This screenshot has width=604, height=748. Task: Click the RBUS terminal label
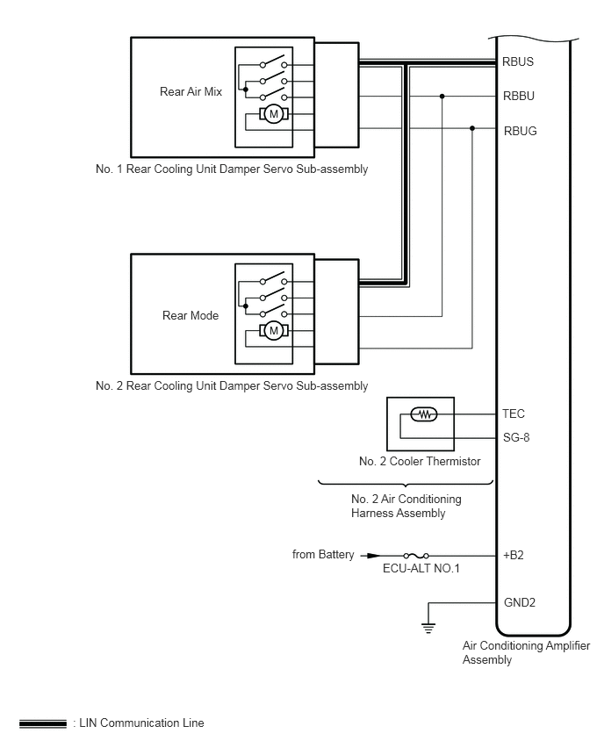[x=518, y=61]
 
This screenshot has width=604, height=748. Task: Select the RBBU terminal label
[x=519, y=96]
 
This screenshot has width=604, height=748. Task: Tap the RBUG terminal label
[x=520, y=131]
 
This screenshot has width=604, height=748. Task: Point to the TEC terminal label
[x=514, y=414]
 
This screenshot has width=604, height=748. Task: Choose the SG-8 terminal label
[x=516, y=437]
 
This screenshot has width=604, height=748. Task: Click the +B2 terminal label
[x=514, y=555]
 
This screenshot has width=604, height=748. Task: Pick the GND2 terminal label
[x=520, y=602]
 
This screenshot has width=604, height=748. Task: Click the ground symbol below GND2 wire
[x=428, y=629]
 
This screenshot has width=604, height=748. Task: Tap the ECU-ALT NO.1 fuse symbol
[x=416, y=555]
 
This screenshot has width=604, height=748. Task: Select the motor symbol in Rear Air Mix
[x=274, y=114]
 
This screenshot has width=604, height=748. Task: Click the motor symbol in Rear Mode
[x=274, y=331]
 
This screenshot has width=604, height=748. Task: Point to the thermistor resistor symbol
[x=424, y=414]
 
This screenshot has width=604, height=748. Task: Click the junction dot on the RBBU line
[x=442, y=97]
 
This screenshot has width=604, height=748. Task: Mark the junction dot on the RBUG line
[x=472, y=128]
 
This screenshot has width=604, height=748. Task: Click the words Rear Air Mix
[x=191, y=91]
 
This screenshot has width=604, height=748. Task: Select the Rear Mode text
[x=191, y=315]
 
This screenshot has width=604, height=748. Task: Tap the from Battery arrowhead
[x=374, y=555]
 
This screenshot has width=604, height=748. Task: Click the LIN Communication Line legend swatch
[x=43, y=723]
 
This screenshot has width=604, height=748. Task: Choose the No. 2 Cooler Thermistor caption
[x=420, y=461]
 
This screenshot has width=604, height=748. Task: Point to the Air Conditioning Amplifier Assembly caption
[x=526, y=652]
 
